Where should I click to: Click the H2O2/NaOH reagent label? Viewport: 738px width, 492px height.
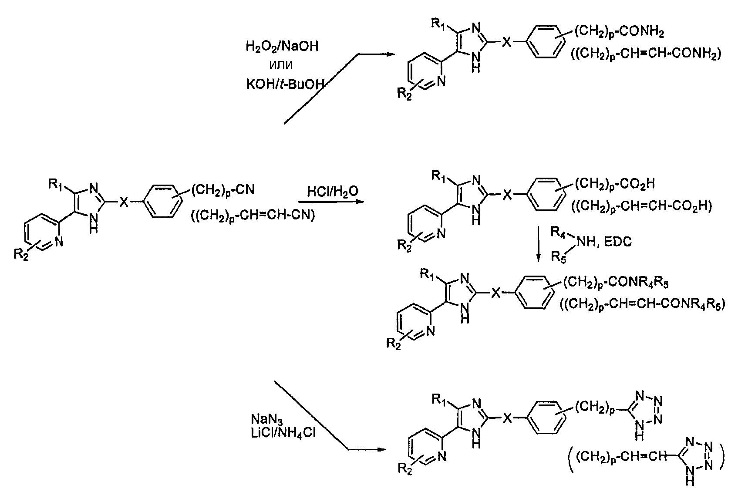click(282, 47)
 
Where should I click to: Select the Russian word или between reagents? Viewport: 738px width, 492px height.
click(281, 65)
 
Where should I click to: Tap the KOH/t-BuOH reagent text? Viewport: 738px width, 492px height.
click(285, 85)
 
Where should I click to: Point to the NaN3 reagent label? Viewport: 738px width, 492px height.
click(266, 420)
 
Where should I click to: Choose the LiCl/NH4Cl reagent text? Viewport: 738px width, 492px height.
click(283, 433)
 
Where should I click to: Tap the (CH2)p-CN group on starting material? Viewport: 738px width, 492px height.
click(223, 190)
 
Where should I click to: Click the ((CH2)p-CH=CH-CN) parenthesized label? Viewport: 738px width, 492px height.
click(253, 216)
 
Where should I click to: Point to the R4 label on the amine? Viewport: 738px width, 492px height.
click(558, 233)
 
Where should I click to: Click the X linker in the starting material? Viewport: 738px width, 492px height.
click(124, 202)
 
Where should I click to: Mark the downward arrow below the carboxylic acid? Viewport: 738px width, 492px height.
click(538, 244)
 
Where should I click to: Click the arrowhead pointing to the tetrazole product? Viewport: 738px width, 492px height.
click(381, 449)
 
